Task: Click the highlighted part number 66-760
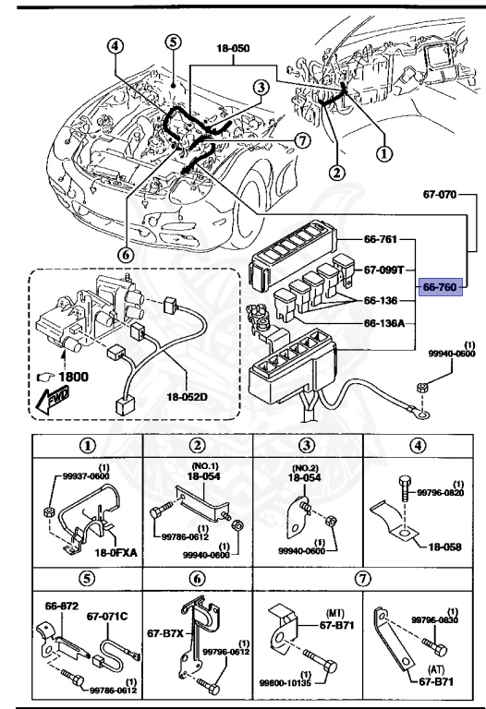(x=440, y=287)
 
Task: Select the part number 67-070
(x=443, y=196)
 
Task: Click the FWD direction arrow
(x=53, y=399)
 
